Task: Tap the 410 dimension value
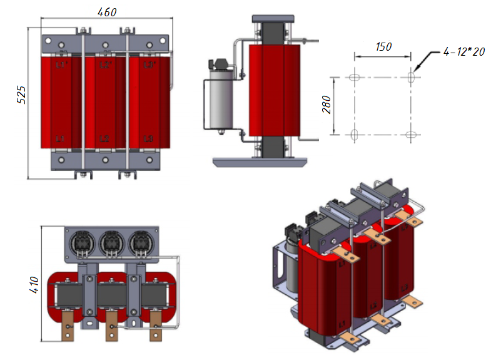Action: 35,285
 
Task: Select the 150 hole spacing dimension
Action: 383,47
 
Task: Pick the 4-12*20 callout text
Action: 463,52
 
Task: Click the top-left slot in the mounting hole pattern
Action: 354,78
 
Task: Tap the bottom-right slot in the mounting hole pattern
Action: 411,134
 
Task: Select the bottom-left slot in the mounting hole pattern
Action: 354,134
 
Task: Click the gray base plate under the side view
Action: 260,163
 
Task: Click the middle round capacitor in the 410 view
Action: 111,243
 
